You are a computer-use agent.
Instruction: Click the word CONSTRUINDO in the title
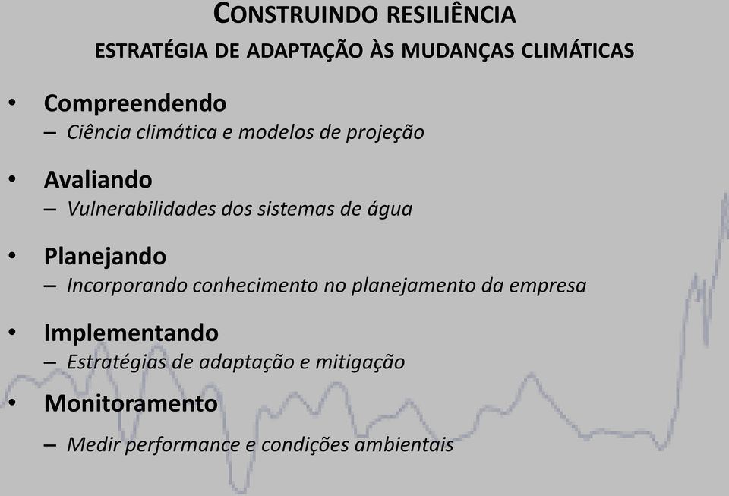click(295, 14)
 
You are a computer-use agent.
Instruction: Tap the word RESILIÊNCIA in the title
click(451, 14)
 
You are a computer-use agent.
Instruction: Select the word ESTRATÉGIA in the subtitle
click(151, 49)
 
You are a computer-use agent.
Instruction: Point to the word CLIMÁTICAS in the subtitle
click(577, 50)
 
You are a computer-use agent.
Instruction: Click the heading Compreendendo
click(135, 103)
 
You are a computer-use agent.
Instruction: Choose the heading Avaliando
click(98, 179)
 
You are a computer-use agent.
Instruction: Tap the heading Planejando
click(105, 257)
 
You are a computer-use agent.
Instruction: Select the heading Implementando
click(131, 333)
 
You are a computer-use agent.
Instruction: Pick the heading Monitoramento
click(131, 403)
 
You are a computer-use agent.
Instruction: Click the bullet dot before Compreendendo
click(12, 103)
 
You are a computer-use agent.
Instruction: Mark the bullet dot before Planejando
click(12, 255)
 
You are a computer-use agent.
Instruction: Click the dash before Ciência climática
click(50, 133)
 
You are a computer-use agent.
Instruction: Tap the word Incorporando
click(127, 286)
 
